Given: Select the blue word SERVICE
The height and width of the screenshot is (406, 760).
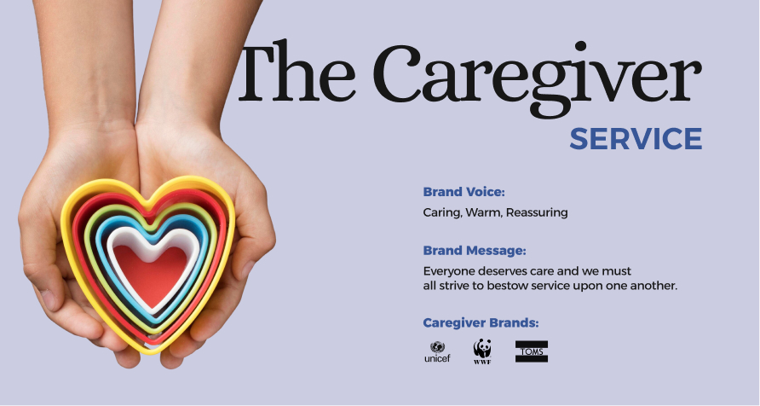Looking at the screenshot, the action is point(636,139).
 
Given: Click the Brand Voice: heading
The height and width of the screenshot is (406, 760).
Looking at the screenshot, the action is point(463,192).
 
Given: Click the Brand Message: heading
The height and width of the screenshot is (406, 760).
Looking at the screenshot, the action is point(475,251).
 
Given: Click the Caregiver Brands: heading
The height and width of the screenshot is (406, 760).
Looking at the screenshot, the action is point(481,323).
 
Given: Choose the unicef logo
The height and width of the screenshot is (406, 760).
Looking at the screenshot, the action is point(437,351).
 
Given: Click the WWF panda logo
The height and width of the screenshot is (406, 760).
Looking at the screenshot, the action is point(482,351).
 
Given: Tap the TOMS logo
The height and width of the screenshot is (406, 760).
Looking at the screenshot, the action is point(532,351).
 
